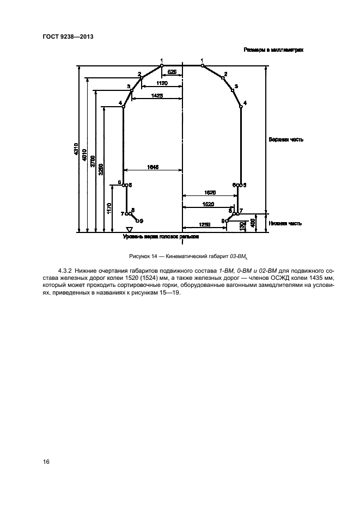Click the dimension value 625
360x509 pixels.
coord(172,71)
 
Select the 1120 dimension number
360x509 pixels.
coord(161,83)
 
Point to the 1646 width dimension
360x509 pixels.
coord(153,167)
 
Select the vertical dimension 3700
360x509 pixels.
coord(93,161)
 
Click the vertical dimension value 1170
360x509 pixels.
coord(109,208)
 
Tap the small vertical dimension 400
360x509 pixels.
coord(254,223)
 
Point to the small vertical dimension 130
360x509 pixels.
coord(242,226)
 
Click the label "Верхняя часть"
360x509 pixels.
coord(285,139)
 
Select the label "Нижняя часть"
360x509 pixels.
coord(285,223)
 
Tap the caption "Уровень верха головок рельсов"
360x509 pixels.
coord(161,238)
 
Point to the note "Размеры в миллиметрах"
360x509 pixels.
coord(273,50)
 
